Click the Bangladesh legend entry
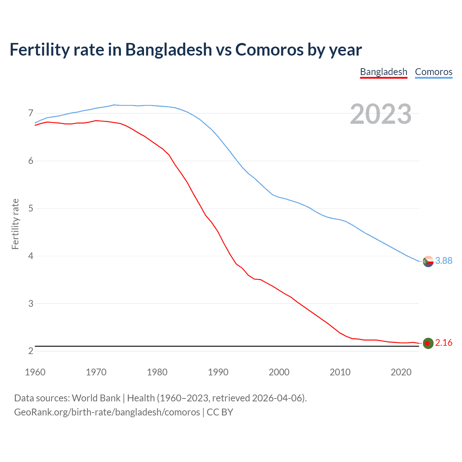click(x=383, y=72)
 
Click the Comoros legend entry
click(x=433, y=72)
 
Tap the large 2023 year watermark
click(x=380, y=114)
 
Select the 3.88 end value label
click(x=444, y=261)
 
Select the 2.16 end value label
click(x=444, y=343)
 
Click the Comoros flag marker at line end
click(x=428, y=261)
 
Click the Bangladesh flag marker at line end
click(x=428, y=343)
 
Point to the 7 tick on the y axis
click(x=31, y=113)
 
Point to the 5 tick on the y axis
click(x=31, y=208)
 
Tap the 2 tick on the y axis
click(x=31, y=351)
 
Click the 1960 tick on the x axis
click(x=35, y=372)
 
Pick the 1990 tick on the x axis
click(x=218, y=372)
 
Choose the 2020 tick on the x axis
click(x=401, y=372)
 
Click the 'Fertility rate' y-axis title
click(x=15, y=224)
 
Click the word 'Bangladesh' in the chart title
click(x=169, y=49)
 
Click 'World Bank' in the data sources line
click(x=96, y=398)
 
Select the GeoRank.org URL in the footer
click(x=107, y=412)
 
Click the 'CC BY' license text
click(x=220, y=412)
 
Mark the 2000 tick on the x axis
click(x=279, y=372)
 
